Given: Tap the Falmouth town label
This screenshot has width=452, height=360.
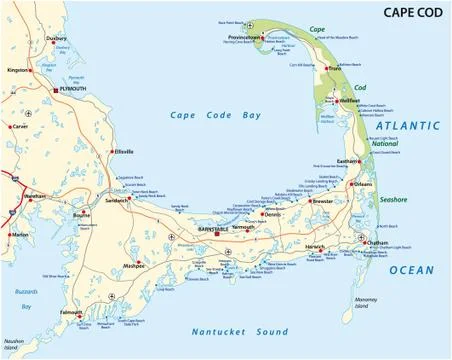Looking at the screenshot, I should click(71, 312).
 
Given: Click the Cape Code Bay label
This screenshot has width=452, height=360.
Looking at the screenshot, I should click(214, 115).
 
